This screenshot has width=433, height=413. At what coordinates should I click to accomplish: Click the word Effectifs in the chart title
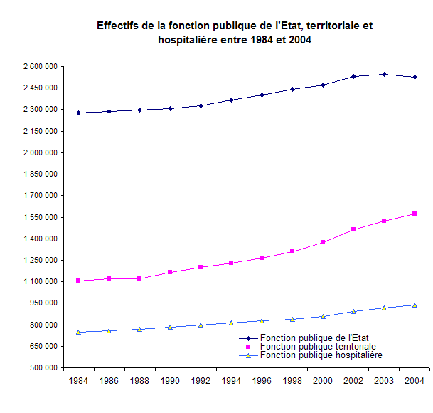tap(119, 26)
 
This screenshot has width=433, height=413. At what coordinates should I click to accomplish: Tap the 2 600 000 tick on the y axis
tap(41, 66)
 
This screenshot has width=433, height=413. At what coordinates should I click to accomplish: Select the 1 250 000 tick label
tap(41, 260)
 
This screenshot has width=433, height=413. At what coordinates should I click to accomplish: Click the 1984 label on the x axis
tap(78, 382)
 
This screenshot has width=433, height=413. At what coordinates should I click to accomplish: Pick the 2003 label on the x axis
tap(384, 382)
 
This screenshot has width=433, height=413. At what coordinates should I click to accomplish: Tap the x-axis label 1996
tap(262, 382)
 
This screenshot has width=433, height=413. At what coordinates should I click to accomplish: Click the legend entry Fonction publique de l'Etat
tap(315, 338)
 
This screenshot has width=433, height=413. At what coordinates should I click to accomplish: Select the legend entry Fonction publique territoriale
tap(318, 346)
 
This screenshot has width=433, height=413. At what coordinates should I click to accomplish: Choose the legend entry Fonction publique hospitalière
tap(321, 355)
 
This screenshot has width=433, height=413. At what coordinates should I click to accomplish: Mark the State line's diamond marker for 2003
tap(384, 74)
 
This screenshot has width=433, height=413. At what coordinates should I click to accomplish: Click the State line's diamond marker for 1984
tap(78, 113)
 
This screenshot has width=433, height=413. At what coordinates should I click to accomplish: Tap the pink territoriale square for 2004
tap(415, 214)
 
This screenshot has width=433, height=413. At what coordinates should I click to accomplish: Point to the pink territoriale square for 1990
tap(170, 272)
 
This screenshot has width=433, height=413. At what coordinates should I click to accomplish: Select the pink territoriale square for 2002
tap(353, 229)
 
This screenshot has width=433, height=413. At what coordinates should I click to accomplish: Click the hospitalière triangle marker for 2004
tap(415, 305)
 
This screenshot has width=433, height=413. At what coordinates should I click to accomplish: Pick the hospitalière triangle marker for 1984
tap(78, 332)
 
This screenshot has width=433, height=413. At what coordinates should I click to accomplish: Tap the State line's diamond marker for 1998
tap(292, 89)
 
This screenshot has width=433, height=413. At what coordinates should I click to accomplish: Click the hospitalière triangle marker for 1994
tap(231, 323)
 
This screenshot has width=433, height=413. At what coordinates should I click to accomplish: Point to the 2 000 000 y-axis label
tap(41, 152)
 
